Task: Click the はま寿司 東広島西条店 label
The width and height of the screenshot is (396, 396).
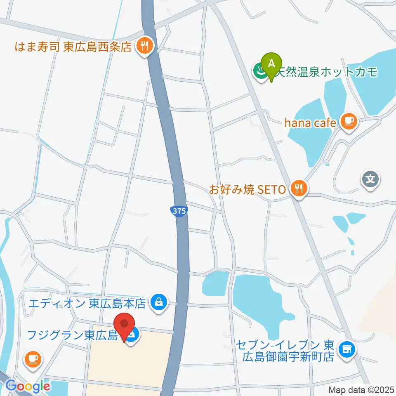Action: pos(73,47)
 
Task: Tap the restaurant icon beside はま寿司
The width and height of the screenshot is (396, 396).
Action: pos(144,46)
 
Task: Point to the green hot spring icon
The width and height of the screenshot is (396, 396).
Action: pos(261,71)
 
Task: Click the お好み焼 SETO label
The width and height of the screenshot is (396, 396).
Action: pos(247,190)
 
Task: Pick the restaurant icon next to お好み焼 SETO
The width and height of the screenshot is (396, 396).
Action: pos(298,189)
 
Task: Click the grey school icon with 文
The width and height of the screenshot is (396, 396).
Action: pos(370,179)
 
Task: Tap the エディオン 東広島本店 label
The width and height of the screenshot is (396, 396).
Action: pos(87,304)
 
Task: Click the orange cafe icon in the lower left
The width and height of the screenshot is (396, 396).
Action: pos(32,358)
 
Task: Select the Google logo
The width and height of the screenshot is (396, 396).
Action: pos(28,386)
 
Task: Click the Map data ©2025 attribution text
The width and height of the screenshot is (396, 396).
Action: pos(361,389)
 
